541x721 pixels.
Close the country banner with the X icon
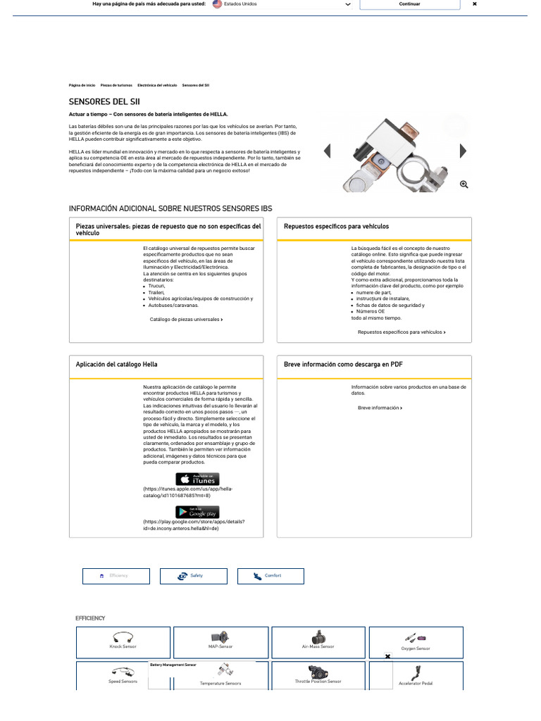pos(475,4)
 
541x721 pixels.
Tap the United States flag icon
pos(217,4)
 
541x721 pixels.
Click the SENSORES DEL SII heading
pos(99,101)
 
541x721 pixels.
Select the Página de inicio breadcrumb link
pos(82,85)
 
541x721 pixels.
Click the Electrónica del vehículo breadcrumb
pos(157,85)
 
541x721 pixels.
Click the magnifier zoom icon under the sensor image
pos(464,184)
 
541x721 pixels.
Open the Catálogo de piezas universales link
pos(186,319)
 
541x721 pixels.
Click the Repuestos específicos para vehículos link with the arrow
pos(402,332)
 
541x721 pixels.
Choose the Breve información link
pos(380,408)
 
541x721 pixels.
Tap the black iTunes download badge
pos(197,479)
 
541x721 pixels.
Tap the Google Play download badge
pos(197,512)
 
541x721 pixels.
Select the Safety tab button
pos(193,576)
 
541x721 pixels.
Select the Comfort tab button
pos(270,576)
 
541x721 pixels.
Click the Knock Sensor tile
pos(123,642)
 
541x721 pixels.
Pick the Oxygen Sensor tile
pos(416,642)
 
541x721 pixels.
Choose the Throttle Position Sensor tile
pos(318,676)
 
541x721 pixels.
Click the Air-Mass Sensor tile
pos(318,642)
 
